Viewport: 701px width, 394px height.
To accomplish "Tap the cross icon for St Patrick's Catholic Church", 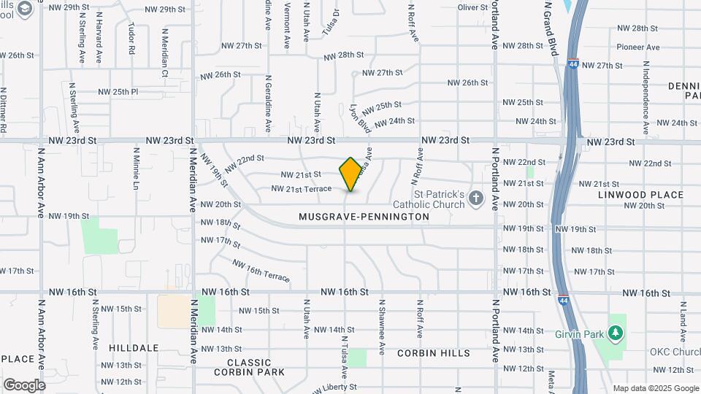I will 476,198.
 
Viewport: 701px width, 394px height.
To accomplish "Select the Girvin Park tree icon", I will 617,333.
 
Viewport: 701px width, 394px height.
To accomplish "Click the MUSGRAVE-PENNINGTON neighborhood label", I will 364,217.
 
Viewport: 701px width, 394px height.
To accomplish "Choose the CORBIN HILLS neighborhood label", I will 434,353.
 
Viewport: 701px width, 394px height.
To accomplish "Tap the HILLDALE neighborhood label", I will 134,349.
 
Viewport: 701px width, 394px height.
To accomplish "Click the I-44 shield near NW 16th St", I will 563,300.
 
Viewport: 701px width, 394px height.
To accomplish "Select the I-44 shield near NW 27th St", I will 574,64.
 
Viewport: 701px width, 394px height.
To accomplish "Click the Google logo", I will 24,385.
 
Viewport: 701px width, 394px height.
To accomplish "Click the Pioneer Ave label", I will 637,47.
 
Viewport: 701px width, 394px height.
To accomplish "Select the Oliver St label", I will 472,7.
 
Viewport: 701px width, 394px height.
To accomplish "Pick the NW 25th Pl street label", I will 118,93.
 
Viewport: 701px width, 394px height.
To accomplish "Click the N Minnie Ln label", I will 136,168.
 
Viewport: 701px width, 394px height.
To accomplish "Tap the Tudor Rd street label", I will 131,39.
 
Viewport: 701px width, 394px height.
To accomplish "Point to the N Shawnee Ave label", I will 381,327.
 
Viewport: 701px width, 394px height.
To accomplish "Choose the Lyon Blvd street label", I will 360,117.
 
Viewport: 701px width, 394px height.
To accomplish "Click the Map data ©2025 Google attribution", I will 656,388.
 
